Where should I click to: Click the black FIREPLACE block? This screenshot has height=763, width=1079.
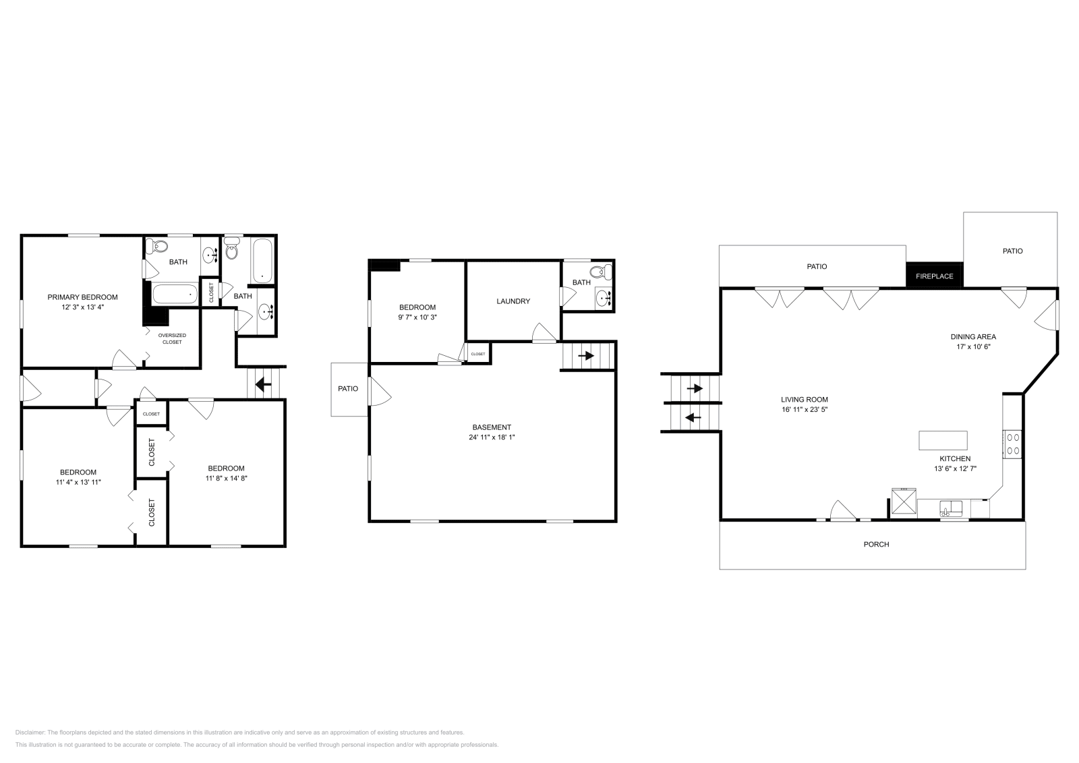(x=934, y=275)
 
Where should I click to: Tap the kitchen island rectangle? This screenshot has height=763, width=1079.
(x=943, y=440)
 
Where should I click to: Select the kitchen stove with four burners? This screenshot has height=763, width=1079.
(x=1013, y=444)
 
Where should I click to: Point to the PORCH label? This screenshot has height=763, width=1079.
(x=876, y=544)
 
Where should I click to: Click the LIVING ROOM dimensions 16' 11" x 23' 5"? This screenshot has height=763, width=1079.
(x=805, y=409)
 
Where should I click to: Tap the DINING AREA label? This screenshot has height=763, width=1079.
(x=973, y=336)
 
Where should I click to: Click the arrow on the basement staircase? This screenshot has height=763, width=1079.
(x=586, y=355)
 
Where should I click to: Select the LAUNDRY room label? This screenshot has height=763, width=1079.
(x=513, y=301)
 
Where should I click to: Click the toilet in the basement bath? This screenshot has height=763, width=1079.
(x=607, y=272)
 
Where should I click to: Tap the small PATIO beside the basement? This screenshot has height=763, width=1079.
(x=348, y=389)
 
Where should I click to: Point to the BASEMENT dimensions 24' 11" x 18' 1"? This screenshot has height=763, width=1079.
(x=492, y=437)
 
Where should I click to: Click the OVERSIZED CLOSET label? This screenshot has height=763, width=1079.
(x=172, y=338)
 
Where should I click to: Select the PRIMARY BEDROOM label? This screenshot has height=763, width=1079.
(x=82, y=297)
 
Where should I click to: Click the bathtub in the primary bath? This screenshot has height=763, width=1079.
(x=175, y=294)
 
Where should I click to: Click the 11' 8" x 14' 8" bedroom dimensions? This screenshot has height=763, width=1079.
(x=226, y=479)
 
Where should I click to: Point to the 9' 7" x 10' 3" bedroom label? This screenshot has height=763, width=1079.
(x=417, y=307)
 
